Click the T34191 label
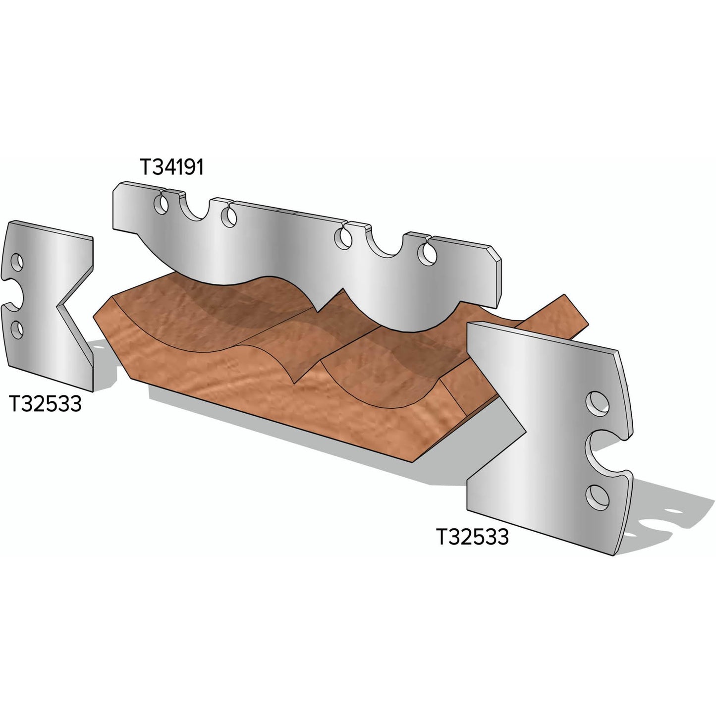(171, 167)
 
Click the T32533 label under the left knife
(45, 404)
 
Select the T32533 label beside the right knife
(472, 537)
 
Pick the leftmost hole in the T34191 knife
(160, 204)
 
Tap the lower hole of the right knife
(598, 496)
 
